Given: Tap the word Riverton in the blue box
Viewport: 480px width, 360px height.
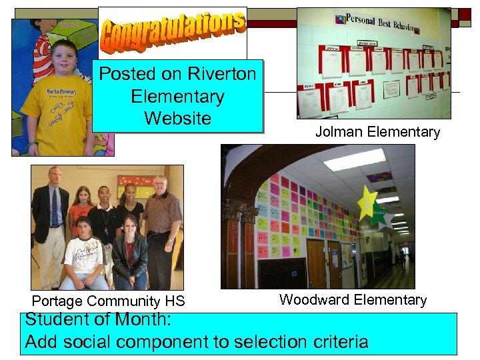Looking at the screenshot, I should tap(222, 73).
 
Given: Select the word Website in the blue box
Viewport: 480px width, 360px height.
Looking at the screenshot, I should tap(177, 118).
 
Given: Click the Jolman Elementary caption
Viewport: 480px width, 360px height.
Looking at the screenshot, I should tap(377, 132).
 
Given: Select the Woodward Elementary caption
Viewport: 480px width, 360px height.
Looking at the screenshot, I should tap(353, 299).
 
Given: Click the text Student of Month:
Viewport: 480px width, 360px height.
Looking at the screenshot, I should tap(98, 319).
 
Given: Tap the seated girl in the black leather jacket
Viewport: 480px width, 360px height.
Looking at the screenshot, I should tap(130, 253).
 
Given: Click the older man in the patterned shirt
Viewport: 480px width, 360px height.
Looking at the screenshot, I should tap(162, 220).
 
